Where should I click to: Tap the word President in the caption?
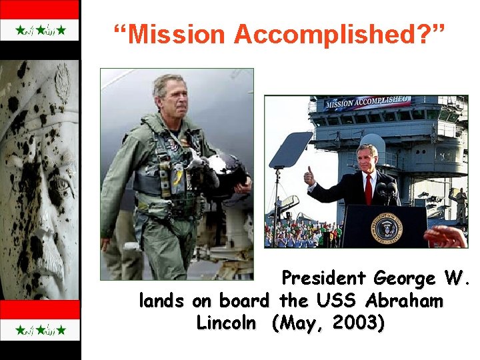[325, 278]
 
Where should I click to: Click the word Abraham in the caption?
[405, 301]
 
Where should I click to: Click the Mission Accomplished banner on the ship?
[367, 103]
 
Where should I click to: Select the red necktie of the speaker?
[368, 189]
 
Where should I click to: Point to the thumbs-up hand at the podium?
[309, 177]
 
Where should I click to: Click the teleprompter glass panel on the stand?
[291, 150]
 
